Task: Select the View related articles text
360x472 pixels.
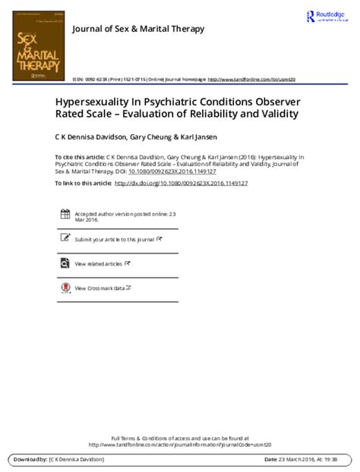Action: pos(99,263)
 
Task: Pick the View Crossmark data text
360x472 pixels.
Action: pos(100,288)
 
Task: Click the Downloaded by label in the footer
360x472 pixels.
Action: pos(30,460)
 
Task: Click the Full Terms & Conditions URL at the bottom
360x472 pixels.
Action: pos(179,445)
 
